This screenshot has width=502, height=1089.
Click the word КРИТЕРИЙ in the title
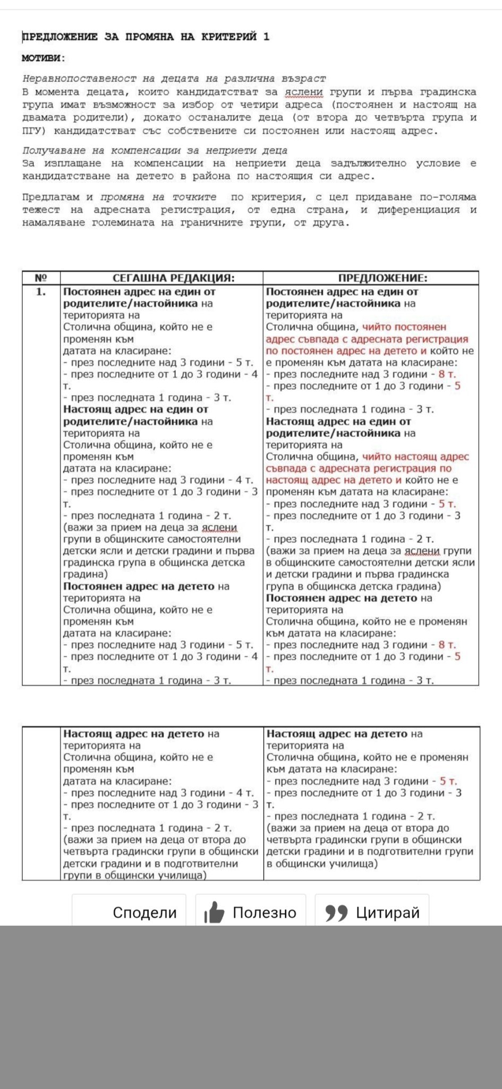click(x=229, y=37)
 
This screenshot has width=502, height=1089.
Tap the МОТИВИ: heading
click(x=44, y=58)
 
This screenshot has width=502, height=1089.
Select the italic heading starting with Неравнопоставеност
click(x=174, y=79)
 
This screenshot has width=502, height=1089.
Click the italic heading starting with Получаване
click(x=155, y=150)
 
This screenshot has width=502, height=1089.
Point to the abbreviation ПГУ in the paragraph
click(x=33, y=130)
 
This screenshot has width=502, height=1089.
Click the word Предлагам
click(x=51, y=197)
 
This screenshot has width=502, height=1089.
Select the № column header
click(x=41, y=278)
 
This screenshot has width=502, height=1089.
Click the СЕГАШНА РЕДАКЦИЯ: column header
click(x=173, y=278)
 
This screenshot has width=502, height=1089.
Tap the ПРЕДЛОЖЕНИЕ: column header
click(x=382, y=278)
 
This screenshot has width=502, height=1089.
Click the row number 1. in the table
click(x=41, y=292)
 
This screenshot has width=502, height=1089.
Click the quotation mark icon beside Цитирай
click(x=336, y=912)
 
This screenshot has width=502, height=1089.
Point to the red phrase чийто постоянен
click(x=404, y=327)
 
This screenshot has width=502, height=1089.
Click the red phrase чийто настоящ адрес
click(x=415, y=456)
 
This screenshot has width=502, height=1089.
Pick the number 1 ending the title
click(x=267, y=37)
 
